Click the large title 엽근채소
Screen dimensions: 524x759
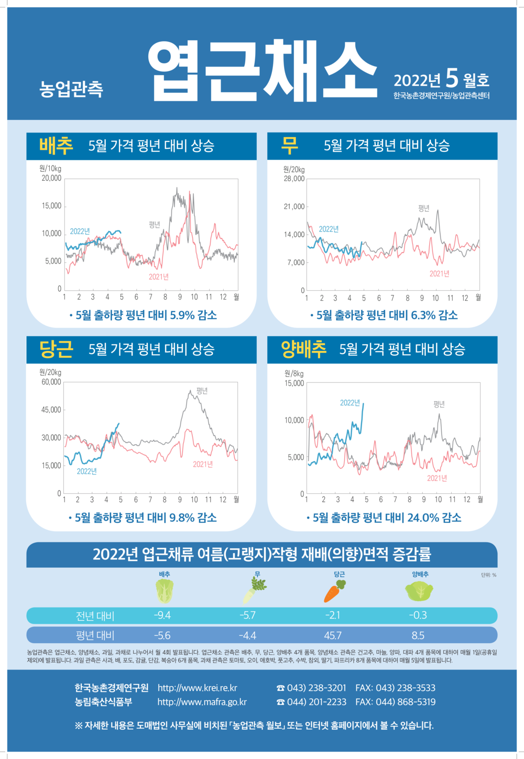263,71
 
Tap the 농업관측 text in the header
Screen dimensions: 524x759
71,89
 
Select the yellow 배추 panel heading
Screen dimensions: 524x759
56,146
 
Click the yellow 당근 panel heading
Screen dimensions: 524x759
56,349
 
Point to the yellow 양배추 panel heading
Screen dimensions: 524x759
304,349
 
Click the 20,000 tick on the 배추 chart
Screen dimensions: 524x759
51,178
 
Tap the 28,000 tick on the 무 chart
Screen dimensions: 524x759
294,179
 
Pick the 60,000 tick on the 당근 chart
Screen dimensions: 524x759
51,382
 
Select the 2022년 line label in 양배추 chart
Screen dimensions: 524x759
350,402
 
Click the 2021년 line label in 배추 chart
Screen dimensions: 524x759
159,277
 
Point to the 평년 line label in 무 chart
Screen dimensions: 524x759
424,208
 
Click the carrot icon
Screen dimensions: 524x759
334,591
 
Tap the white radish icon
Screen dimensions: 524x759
255,591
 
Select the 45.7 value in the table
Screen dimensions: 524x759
333,635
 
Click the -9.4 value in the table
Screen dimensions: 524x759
162,615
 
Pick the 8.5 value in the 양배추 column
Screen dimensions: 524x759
418,635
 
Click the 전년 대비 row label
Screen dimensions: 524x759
95,615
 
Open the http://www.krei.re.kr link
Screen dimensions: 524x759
197,688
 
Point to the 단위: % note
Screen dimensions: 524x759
488,575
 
